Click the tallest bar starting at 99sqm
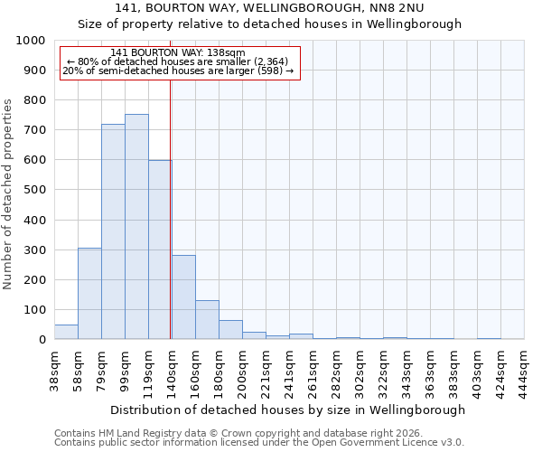pyautogui.click(x=136, y=227)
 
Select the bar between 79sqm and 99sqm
pyautogui.click(x=113, y=231)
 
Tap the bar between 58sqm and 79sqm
pyautogui.click(x=89, y=294)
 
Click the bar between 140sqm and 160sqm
pyautogui.click(x=183, y=297)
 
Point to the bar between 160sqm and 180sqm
pyautogui.click(x=207, y=320)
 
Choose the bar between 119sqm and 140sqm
pyautogui.click(x=159, y=250)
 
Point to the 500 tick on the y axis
pyautogui.click(x=36, y=190)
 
